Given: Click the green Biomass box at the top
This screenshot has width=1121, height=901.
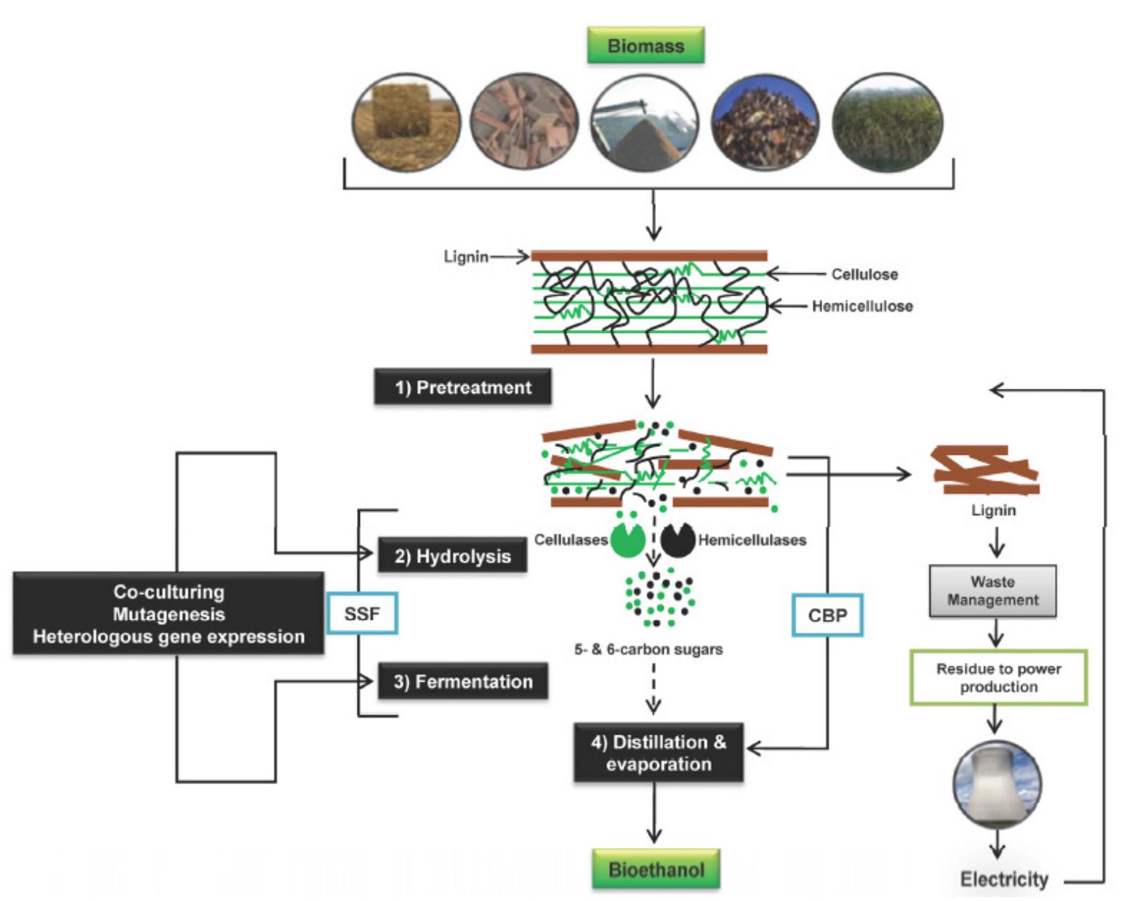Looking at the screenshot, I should point(646,46).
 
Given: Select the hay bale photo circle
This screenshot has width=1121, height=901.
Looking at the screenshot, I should point(406,122).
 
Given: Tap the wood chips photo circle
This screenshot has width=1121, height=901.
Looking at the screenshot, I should point(524,122).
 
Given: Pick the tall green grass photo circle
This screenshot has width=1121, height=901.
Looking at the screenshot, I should point(887,122).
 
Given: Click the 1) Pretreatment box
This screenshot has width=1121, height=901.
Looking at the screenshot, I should point(462,387).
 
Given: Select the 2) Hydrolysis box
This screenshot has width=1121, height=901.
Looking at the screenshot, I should point(452,557).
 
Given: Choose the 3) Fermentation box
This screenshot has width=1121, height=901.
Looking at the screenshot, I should point(462,682).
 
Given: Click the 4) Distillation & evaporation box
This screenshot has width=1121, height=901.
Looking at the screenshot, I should point(658,753).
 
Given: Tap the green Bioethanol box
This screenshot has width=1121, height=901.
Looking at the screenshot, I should point(656,869).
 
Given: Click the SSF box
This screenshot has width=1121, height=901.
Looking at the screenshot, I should point(362,614).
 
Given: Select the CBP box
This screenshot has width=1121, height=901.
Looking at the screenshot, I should point(827,615).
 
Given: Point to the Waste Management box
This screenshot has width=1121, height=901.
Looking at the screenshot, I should point(992,591).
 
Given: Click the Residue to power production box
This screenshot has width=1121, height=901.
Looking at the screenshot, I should point(998,677).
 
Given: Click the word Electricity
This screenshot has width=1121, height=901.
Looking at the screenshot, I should point(1004,879).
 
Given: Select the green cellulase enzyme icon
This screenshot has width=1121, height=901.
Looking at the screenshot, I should point(627,539).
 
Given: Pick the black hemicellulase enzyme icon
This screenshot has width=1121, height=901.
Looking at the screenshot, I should point(678,539).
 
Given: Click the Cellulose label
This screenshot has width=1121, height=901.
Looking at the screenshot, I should point(864,275).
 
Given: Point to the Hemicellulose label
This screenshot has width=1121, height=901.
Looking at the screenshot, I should point(862,307).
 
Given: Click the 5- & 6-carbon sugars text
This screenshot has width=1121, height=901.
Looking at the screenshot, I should point(648,650).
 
